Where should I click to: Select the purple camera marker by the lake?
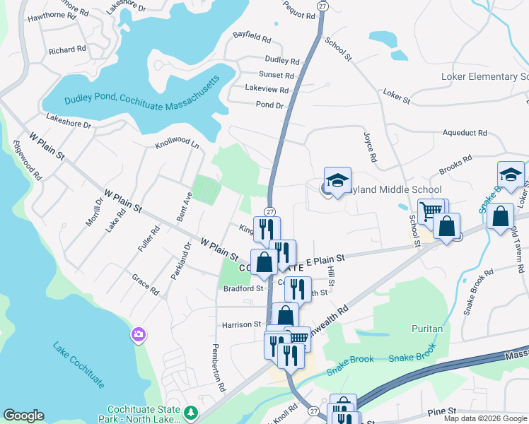click(139, 334)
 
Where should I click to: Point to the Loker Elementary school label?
click(484, 76)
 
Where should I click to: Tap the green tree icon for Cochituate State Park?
click(190, 411)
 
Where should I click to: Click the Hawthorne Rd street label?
click(51, 15)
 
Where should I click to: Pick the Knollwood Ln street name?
click(177, 143)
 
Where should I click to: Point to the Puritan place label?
click(427, 329)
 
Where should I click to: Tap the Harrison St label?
click(242, 324)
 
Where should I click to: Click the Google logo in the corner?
click(24, 416)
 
